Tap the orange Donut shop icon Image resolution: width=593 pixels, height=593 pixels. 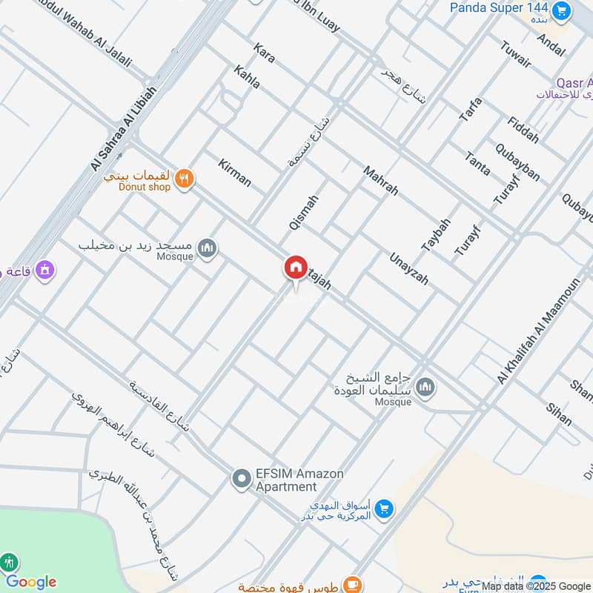pyautogui.click(x=185, y=178)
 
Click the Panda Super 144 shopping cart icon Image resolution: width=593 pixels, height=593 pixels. pyautogui.click(x=562, y=10)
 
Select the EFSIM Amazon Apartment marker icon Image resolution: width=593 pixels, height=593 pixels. pyautogui.click(x=240, y=480)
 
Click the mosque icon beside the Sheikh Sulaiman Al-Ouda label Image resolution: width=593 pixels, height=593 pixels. pyautogui.click(x=425, y=386)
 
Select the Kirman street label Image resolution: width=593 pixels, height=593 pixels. pyautogui.click(x=235, y=173)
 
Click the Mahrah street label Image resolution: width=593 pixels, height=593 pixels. pyautogui.click(x=380, y=180)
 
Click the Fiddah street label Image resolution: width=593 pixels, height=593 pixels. pyautogui.click(x=523, y=130)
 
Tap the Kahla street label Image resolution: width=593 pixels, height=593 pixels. pyautogui.click(x=247, y=77)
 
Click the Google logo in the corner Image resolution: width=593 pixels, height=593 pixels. pyautogui.click(x=31, y=582)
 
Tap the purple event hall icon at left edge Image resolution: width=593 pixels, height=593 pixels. pyautogui.click(x=44, y=270)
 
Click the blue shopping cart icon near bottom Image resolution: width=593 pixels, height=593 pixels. pyautogui.click(x=383, y=508)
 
